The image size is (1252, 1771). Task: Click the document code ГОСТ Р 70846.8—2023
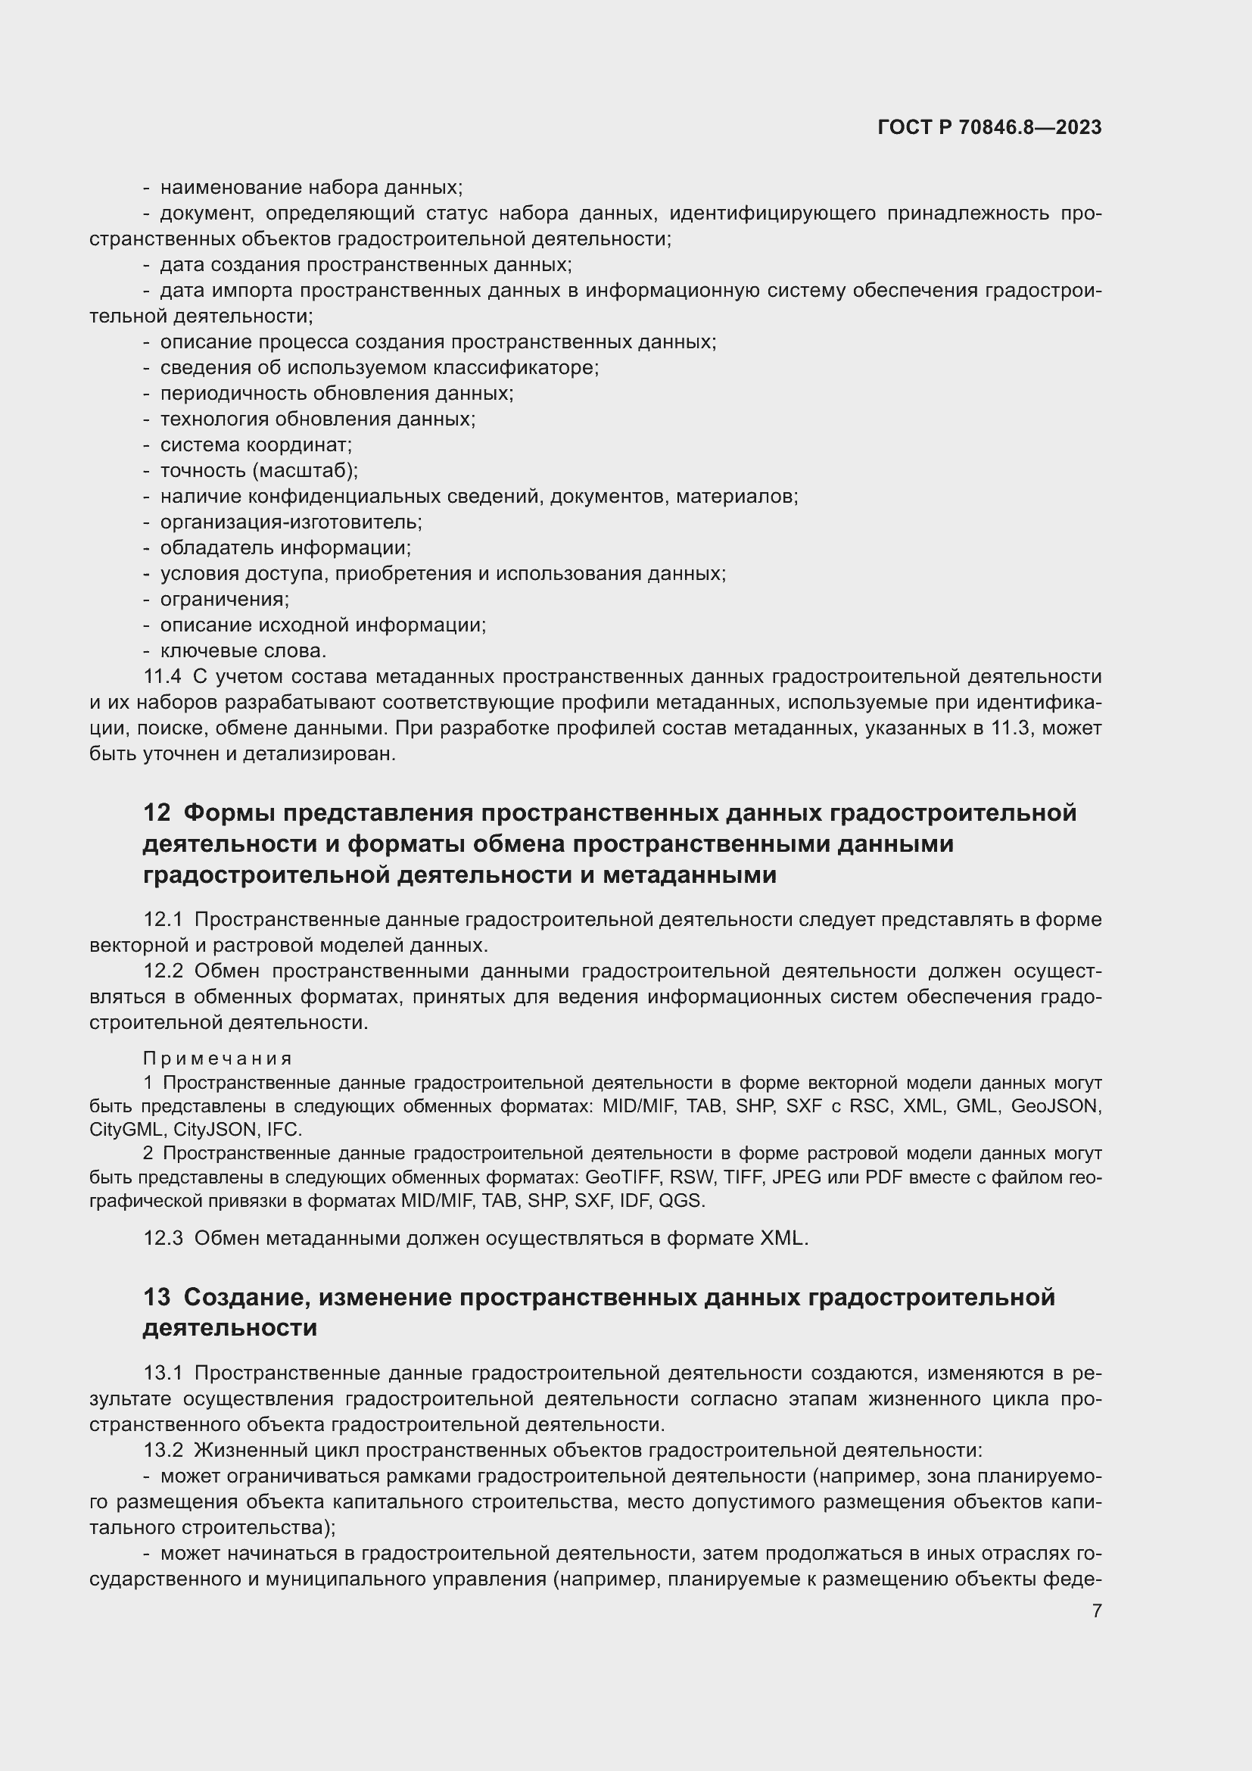point(989,128)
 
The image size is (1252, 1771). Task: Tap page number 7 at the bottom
point(1096,1610)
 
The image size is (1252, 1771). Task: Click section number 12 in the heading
point(157,813)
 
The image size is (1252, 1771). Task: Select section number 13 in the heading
point(157,1296)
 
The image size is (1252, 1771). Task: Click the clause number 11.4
point(162,677)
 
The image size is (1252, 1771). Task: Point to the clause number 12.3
point(163,1238)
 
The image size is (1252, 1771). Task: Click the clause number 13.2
point(163,1450)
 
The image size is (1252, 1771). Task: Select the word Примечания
point(217,1059)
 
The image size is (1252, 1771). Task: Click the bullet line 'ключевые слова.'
point(243,651)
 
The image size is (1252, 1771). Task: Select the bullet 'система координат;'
point(255,445)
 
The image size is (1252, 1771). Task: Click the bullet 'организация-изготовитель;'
point(291,522)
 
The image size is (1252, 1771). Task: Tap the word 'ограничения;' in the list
point(224,600)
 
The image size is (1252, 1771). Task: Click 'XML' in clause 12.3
point(783,1238)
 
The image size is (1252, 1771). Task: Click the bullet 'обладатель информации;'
point(285,547)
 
